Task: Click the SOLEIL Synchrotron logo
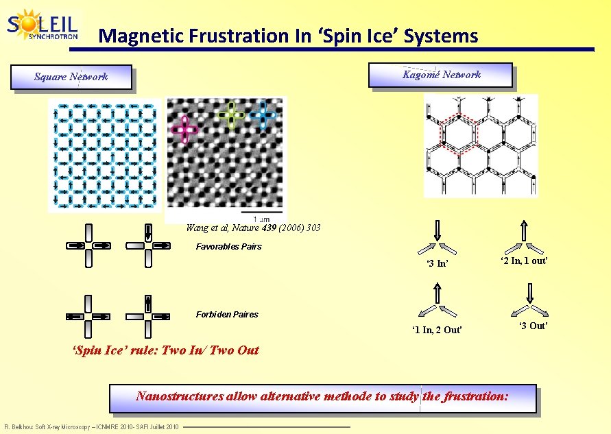coord(43,25)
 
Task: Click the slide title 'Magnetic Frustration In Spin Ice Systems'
coord(288,36)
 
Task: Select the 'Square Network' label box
coord(71,77)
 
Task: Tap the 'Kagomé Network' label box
coord(440,75)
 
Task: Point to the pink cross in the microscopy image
coord(184,129)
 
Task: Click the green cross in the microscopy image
coord(231,115)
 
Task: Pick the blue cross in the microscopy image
coord(263,114)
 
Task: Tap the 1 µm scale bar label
coord(271,219)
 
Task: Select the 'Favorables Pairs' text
coord(228,247)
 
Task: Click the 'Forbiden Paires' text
coord(227,315)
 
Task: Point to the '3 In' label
coord(437,264)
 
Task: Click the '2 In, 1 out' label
coord(524,261)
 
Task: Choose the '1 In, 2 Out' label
coord(437,330)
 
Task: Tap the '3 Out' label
coord(532,326)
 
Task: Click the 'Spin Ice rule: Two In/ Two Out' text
coord(166,350)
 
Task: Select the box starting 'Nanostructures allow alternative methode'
coord(322,397)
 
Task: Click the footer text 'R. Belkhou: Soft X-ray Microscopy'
coord(91,428)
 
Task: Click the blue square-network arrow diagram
coord(105,154)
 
